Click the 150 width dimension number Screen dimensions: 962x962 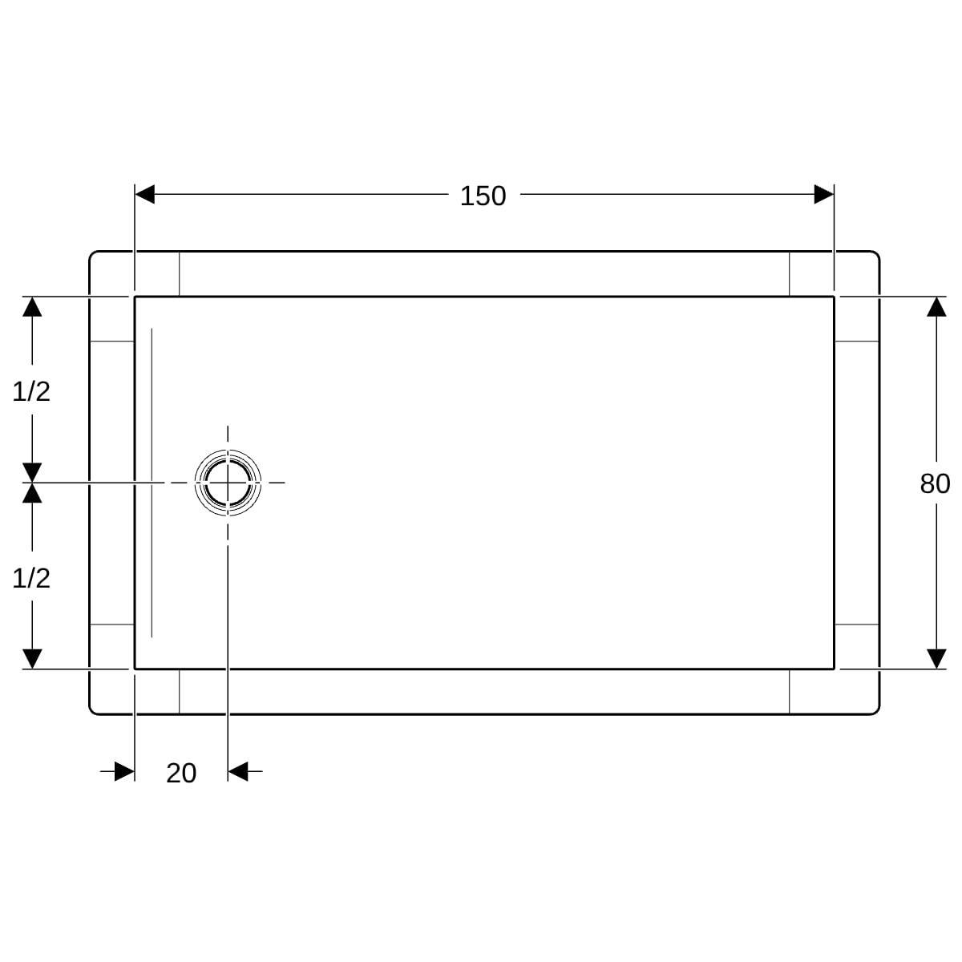[483, 196]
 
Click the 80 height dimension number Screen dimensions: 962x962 [935, 483]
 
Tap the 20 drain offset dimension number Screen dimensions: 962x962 [181, 774]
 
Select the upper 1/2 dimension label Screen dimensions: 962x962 [31, 391]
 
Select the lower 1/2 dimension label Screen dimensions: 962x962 [31, 578]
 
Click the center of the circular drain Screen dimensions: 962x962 [228, 483]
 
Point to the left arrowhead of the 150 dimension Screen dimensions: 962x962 [145, 194]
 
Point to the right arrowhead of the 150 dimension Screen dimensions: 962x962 [824, 194]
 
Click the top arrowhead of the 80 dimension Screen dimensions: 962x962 [936, 306]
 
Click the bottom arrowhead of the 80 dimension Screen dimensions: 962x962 [936, 659]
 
